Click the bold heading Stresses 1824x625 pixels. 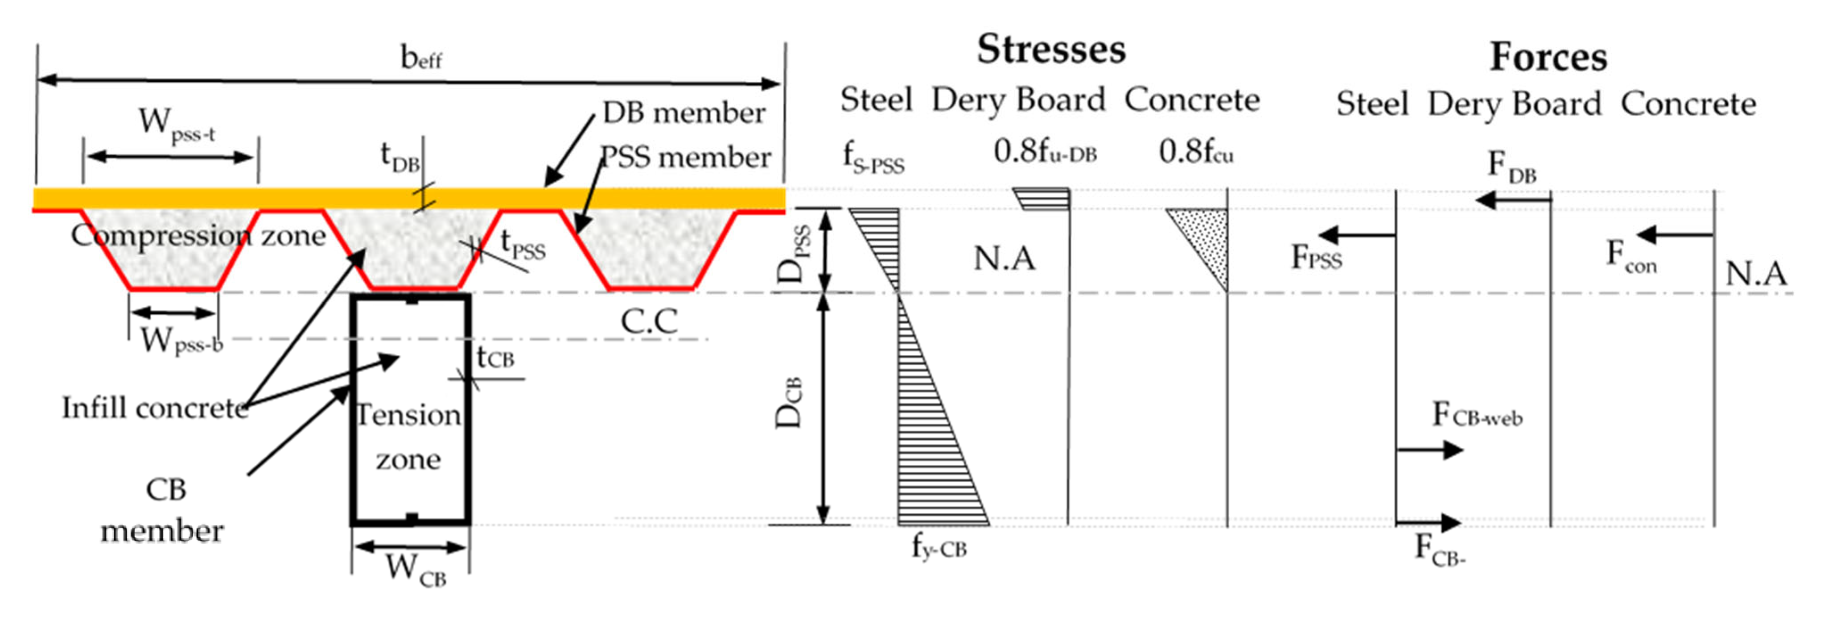pos(1051,50)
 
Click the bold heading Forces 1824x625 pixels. pos(1548,57)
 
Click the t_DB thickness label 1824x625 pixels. pos(400,156)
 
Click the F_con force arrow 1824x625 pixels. pos(1675,234)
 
